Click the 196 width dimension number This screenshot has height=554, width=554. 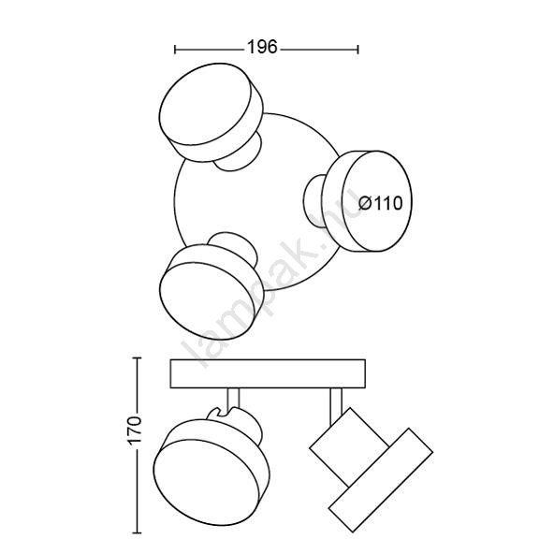pyautogui.click(x=262, y=47)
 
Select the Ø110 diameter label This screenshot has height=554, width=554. pyautogui.click(x=381, y=203)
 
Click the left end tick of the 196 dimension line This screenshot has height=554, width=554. pyautogui.click(x=175, y=49)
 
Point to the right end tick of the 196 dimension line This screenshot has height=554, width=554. pyautogui.click(x=358, y=49)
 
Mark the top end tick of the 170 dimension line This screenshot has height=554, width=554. pyautogui.click(x=137, y=357)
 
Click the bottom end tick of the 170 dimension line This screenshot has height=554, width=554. pyautogui.click(x=137, y=532)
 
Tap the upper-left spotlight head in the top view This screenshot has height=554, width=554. pyautogui.click(x=211, y=112)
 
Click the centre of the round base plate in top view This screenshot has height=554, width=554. pyautogui.click(x=257, y=201)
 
